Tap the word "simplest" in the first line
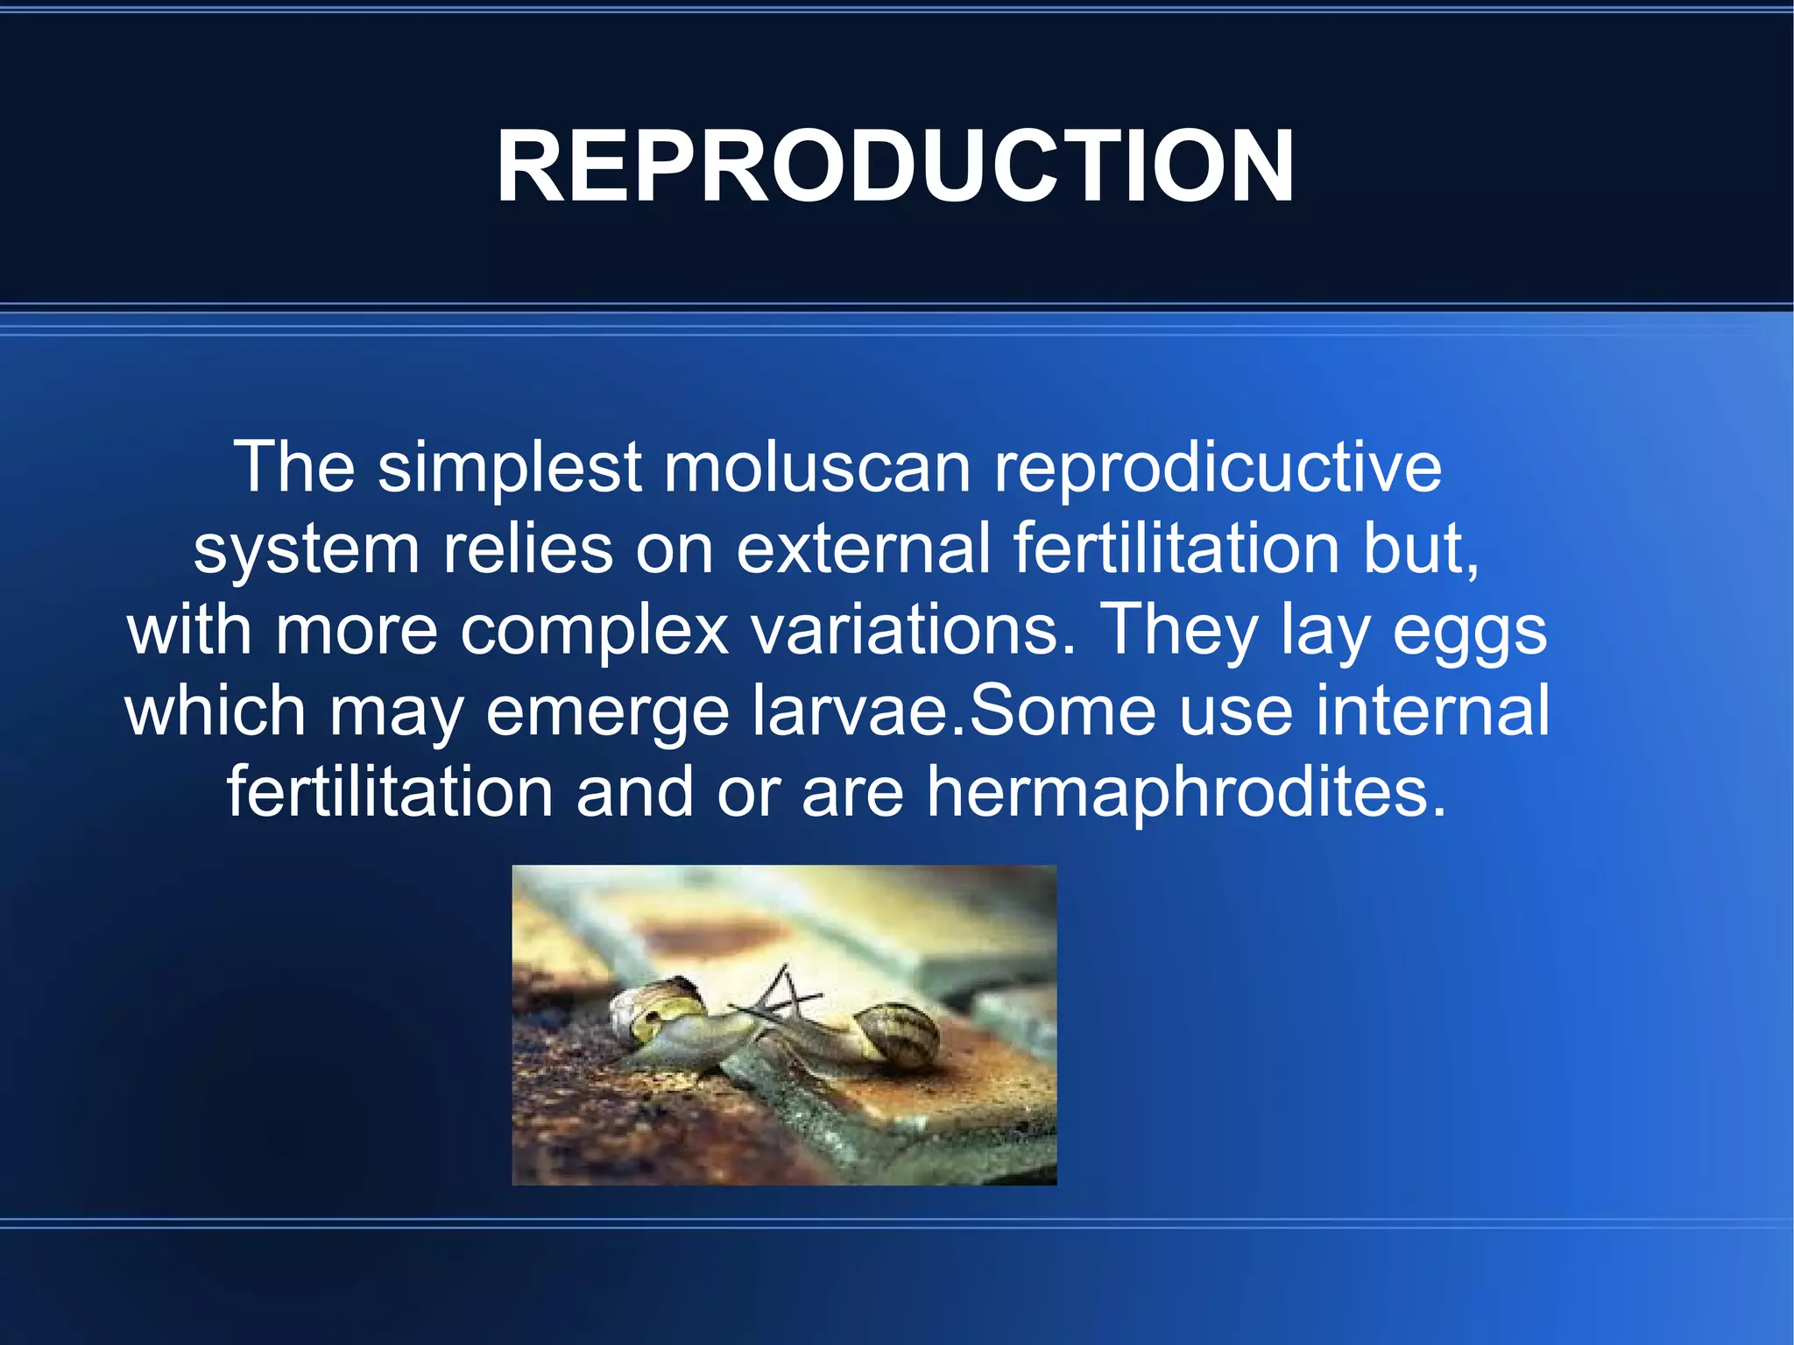[x=510, y=467]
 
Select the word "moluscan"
[x=816, y=467]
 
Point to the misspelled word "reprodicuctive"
[x=1218, y=467]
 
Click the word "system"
[x=307, y=549]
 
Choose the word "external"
[x=863, y=549]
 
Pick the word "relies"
[x=527, y=549]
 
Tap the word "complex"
[x=595, y=630]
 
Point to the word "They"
[x=1177, y=630]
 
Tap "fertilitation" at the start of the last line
[x=390, y=791]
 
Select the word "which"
[x=215, y=710]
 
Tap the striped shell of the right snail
[x=895, y=1034]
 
